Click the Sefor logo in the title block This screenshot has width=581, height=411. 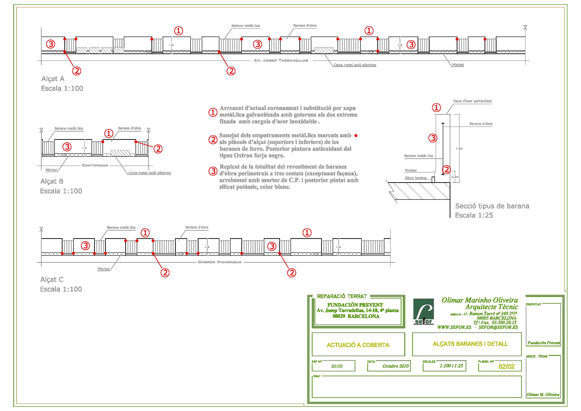tap(423, 312)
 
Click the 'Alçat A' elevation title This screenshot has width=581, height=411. tap(53, 79)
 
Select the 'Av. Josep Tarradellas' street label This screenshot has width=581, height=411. tap(281, 60)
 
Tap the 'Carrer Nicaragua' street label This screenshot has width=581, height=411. tap(220, 262)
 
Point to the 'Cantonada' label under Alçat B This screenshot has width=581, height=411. tap(95, 165)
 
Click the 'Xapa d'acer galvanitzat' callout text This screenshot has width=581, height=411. tap(472, 101)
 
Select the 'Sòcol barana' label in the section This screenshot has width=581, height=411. tap(416, 178)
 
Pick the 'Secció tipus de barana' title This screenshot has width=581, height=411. tap(492, 206)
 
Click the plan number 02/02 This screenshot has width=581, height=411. tap(506, 367)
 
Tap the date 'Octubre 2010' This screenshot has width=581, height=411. tap(396, 366)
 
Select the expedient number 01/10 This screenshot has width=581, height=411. tap(337, 367)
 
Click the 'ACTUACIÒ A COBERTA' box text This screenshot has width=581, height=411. tap(358, 345)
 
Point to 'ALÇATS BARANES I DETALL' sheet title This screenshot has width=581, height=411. tap(470, 344)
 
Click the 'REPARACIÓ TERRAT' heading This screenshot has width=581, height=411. tap(342, 296)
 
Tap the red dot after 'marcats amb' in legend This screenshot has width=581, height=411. tap(356, 136)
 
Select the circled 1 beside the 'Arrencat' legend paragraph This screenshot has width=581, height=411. tap(213, 112)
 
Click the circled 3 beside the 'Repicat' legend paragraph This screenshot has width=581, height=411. tap(213, 171)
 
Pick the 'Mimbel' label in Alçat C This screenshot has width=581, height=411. tap(103, 269)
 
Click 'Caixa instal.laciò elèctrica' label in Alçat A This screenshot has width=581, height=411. tap(354, 65)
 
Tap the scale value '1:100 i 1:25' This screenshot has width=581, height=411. tap(451, 366)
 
